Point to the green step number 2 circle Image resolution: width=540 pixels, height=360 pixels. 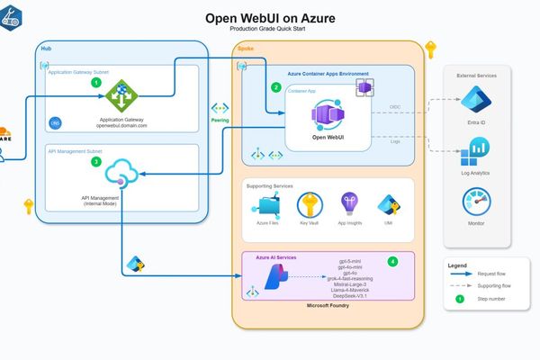click(x=276, y=87)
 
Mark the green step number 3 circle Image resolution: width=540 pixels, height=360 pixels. click(x=96, y=161)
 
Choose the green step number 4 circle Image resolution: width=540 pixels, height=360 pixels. click(x=392, y=262)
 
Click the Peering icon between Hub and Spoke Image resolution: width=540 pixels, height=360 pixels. click(x=220, y=108)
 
